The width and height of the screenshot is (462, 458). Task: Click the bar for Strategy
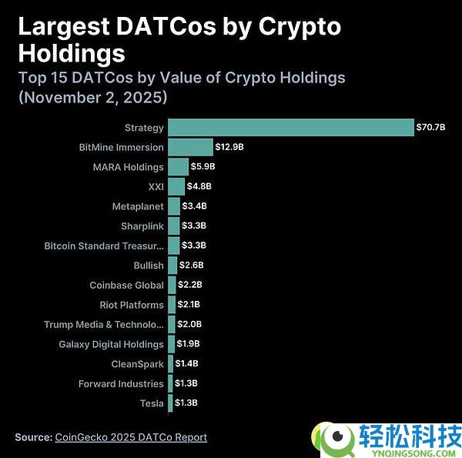click(x=291, y=127)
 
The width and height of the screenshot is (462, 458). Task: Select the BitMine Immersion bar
click(x=190, y=147)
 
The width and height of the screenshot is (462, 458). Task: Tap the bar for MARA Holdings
click(x=178, y=167)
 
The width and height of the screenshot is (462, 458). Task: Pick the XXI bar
click(x=176, y=186)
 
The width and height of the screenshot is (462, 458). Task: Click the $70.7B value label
click(x=430, y=127)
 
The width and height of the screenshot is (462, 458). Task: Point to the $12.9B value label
click(x=230, y=147)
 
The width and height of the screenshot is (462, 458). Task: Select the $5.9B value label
click(x=203, y=167)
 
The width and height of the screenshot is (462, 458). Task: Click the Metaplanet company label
click(x=137, y=206)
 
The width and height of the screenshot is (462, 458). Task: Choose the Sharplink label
click(x=142, y=226)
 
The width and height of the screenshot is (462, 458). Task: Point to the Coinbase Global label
click(x=126, y=285)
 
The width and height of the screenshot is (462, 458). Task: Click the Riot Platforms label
click(x=131, y=305)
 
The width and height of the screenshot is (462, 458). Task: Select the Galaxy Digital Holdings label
click(x=111, y=344)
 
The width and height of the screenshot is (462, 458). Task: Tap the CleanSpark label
click(x=137, y=364)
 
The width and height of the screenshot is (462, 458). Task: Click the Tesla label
click(x=152, y=403)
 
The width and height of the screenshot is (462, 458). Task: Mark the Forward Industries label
click(x=121, y=383)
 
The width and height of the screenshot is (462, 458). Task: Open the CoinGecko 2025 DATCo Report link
click(x=131, y=437)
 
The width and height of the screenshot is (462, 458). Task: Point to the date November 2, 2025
click(x=92, y=98)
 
